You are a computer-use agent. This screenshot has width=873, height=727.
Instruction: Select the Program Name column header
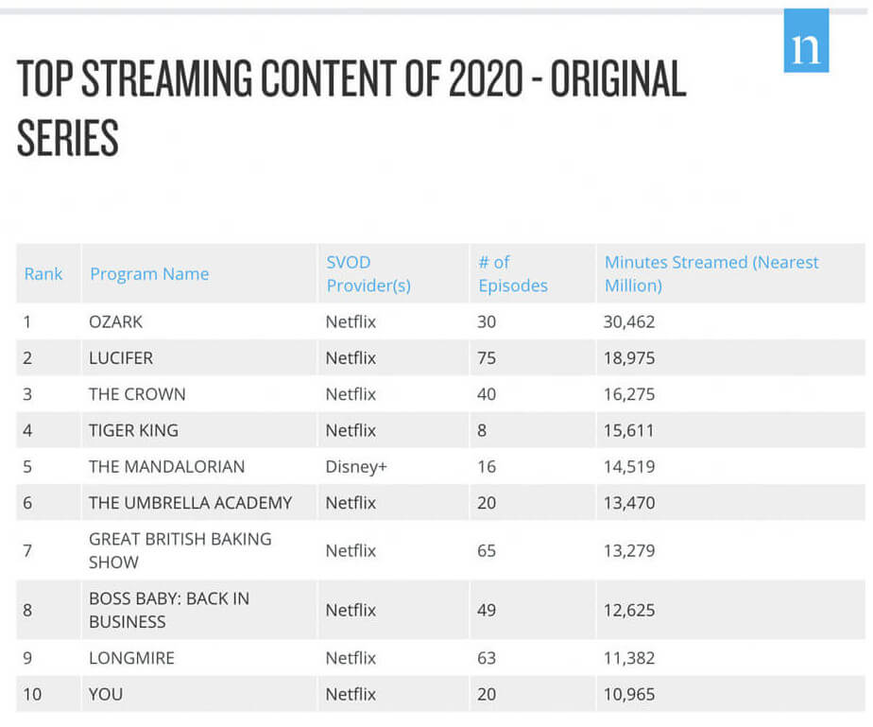point(149,274)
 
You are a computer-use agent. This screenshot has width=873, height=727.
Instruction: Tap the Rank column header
point(43,274)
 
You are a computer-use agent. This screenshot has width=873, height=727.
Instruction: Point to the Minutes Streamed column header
point(711,273)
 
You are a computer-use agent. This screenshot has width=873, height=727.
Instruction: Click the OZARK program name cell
point(115,321)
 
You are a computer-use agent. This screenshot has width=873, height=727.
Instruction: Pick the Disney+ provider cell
point(356,467)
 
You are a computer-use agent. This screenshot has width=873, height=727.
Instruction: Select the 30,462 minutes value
point(629,321)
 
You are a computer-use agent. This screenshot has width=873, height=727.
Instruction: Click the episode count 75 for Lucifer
point(487,358)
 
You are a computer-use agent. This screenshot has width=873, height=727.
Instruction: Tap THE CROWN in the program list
point(137,394)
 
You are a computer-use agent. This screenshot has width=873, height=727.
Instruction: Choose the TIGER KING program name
point(133,430)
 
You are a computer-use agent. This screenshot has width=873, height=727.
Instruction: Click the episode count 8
point(482,430)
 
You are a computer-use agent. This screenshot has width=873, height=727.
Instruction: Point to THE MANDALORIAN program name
point(166,467)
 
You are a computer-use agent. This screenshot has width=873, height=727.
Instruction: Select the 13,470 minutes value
point(629,503)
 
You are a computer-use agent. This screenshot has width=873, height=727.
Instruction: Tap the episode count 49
point(487,610)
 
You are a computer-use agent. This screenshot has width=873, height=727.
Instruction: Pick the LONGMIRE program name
point(131,658)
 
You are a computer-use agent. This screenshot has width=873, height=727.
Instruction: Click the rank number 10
point(33,694)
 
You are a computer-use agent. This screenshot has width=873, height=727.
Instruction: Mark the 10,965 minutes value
point(629,694)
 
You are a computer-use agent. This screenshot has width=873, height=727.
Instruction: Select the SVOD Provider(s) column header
point(368,273)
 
